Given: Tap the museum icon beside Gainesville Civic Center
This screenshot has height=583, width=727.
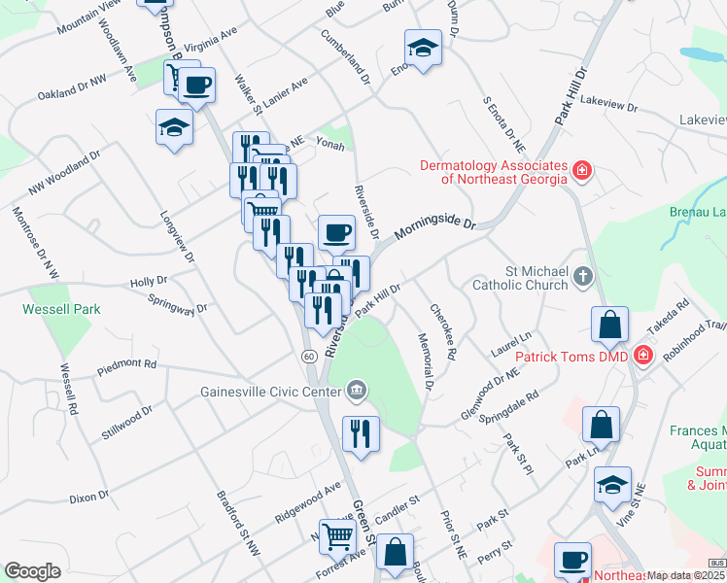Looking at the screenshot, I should (x=357, y=392).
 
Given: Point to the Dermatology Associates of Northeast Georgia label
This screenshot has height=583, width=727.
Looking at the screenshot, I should (x=493, y=171).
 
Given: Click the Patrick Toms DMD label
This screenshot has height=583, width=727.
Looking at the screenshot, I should (x=571, y=357).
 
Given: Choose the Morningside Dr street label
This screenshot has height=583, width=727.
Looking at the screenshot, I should (x=434, y=230).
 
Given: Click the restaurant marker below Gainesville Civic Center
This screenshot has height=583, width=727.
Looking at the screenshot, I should (x=361, y=433).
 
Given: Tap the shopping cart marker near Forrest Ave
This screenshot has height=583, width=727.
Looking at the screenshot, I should (x=337, y=535).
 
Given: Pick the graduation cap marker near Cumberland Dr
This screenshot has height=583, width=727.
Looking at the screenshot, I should (x=423, y=48).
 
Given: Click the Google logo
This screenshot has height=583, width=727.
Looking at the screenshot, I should (x=32, y=571).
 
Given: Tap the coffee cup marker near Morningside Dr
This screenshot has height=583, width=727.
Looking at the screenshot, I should (x=336, y=232).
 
